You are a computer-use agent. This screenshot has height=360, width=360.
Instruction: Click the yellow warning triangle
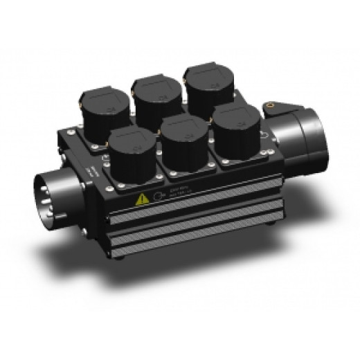[143, 198]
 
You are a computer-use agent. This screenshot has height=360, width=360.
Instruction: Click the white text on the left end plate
[88, 172]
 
